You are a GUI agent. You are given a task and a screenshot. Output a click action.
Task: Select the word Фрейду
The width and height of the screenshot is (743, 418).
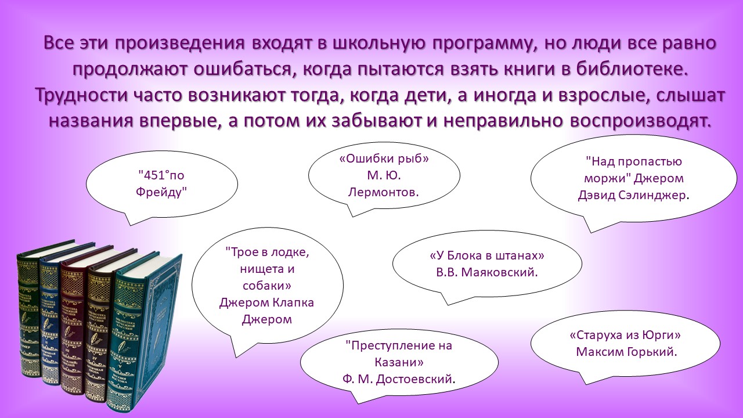(160, 192)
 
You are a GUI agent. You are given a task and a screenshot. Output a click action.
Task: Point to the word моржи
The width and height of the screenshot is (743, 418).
(605, 179)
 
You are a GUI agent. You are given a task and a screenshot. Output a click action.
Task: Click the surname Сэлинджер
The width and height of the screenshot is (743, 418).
(651, 196)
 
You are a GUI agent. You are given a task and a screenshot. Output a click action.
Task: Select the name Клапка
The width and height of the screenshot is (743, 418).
(293, 303)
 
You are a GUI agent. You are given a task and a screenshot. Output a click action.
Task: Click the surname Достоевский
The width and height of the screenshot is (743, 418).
(414, 379)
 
